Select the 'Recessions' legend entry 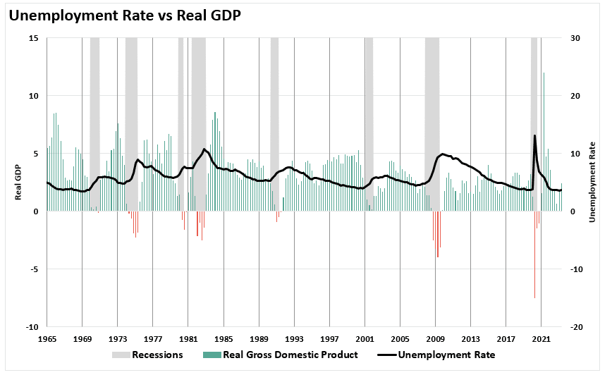coord(147,355)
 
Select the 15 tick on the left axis coord(32,38)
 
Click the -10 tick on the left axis coord(31,327)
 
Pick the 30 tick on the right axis coord(575,38)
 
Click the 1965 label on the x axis coord(47,339)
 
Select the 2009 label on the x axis coord(436,339)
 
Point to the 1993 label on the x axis coord(295,339)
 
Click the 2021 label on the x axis coord(541,339)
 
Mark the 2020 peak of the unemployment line coord(535,135)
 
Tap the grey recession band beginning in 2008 coord(432,106)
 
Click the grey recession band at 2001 coord(369,106)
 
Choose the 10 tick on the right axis coord(575,154)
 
